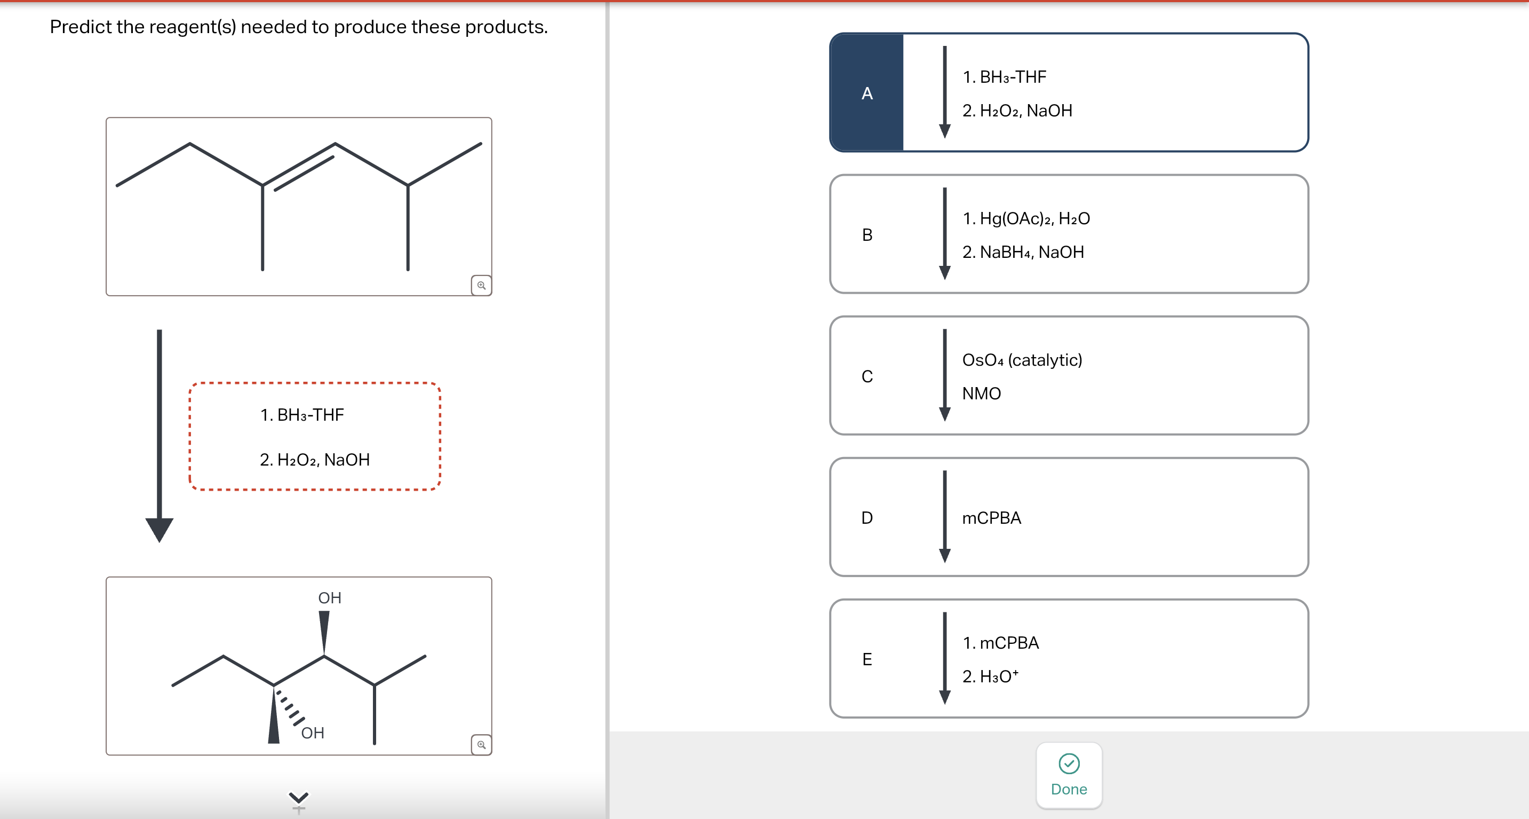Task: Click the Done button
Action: click(1069, 775)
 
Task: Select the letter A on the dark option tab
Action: click(866, 93)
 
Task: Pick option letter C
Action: click(866, 376)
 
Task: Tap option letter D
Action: click(866, 517)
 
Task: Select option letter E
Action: click(866, 659)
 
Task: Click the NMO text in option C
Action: click(981, 393)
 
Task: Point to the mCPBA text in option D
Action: click(991, 518)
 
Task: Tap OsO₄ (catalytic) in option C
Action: click(1022, 360)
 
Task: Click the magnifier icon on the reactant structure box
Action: click(481, 285)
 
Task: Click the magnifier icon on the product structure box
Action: click(481, 744)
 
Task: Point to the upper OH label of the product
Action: click(329, 597)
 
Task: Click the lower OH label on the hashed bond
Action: click(312, 733)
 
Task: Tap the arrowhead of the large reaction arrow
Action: click(159, 528)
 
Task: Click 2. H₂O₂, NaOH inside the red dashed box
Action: click(315, 460)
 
